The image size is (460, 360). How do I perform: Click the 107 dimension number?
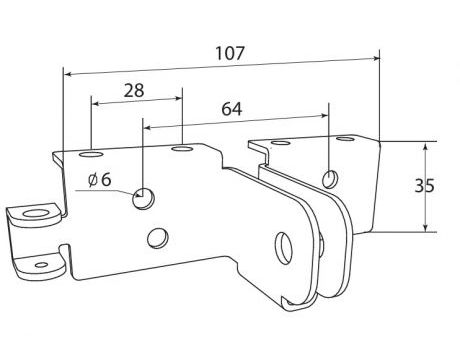tap(230, 53)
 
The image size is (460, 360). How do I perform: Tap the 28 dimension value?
tap(134, 90)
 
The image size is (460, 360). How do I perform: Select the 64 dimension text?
tap(232, 109)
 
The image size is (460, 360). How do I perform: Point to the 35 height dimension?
tap(424, 186)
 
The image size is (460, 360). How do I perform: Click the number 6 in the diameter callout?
tap(106, 180)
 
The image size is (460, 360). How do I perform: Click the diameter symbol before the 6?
tap(93, 180)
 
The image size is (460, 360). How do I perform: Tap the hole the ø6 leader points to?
tap(144, 199)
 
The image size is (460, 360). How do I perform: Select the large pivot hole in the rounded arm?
tap(284, 248)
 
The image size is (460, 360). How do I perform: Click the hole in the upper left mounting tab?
tap(35, 214)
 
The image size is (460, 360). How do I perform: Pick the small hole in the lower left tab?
tap(41, 265)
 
